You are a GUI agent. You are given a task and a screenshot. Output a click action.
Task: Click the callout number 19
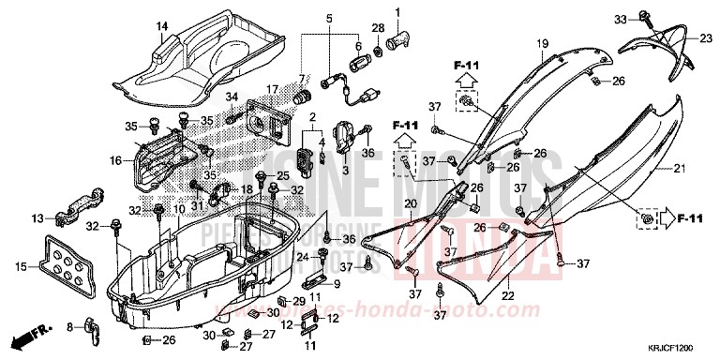542,44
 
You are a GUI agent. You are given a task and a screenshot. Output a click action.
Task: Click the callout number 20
409,204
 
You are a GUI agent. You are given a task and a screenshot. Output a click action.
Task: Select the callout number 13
37,217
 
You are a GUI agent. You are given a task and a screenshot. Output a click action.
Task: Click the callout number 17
273,90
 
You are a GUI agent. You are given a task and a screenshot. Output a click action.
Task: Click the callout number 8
68,326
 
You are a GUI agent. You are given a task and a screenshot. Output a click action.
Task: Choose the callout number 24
303,256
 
